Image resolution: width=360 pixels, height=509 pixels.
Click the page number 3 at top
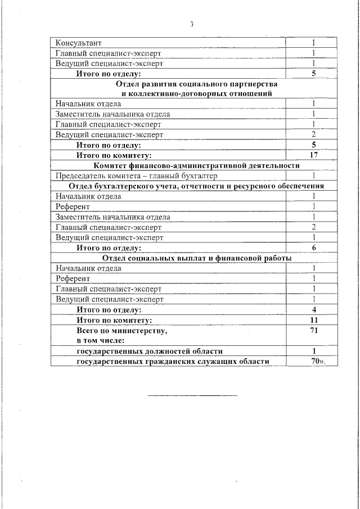click(192, 24)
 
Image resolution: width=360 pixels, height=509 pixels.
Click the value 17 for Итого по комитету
click(314, 155)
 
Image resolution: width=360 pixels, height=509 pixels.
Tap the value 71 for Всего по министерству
click(314, 331)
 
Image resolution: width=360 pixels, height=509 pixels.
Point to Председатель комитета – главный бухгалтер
click(135, 175)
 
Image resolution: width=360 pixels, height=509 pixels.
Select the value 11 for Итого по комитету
click(314, 320)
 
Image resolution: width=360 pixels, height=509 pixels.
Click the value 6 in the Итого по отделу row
click(314, 247)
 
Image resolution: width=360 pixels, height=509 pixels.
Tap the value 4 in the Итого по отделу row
click(314, 310)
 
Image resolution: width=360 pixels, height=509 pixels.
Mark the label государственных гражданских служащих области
click(172, 361)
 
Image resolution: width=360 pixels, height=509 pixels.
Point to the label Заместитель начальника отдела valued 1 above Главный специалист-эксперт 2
click(112, 217)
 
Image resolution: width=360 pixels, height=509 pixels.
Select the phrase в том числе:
click(100, 340)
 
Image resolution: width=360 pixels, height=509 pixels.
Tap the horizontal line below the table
click(192, 395)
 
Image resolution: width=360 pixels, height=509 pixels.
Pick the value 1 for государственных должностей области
click(314, 351)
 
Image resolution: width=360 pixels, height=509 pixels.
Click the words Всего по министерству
click(121, 331)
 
